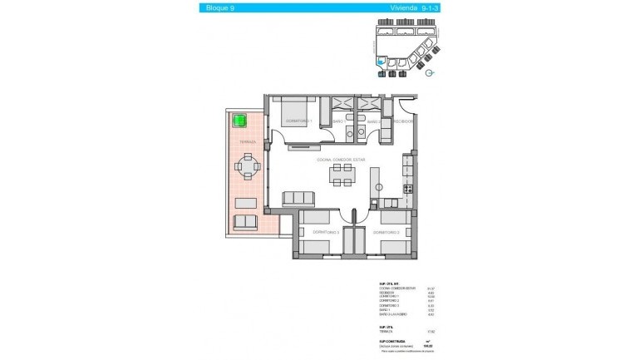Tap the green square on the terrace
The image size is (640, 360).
(240, 121)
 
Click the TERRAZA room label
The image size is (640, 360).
(247, 142)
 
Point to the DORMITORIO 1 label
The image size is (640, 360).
(298, 121)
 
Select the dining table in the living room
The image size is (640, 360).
(342, 175)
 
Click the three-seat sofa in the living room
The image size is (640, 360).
(299, 198)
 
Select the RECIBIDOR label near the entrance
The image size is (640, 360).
(403, 121)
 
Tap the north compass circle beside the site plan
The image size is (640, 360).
(430, 72)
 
